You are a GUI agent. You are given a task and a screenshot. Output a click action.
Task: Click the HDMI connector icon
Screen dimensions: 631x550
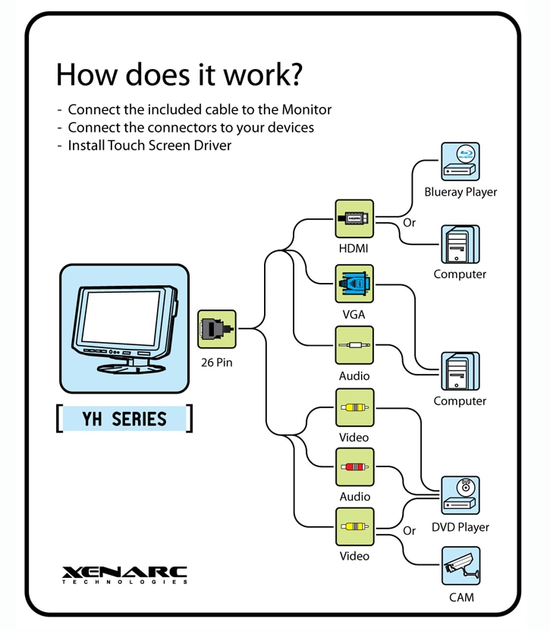(x=354, y=218)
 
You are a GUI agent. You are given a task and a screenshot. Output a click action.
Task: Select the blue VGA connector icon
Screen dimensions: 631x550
(x=354, y=284)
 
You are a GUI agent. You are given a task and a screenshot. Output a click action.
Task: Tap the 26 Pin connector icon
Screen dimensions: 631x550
(x=217, y=329)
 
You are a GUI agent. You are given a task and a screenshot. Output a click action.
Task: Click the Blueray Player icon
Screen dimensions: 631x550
(x=460, y=162)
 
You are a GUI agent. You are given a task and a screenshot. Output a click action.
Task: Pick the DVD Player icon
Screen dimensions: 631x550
(x=460, y=495)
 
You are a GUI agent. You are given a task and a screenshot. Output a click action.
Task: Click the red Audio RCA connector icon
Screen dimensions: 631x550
(x=354, y=467)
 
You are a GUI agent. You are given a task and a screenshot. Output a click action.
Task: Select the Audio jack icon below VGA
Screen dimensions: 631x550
(x=354, y=346)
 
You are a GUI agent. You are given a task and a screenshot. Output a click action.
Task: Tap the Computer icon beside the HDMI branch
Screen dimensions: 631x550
(x=460, y=244)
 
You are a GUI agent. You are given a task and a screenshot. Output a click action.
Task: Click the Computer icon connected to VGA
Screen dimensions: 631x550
(x=460, y=371)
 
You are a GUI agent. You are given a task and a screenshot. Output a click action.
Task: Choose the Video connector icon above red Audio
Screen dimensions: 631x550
(x=354, y=407)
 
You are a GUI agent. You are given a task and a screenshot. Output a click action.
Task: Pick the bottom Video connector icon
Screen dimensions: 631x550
(x=354, y=527)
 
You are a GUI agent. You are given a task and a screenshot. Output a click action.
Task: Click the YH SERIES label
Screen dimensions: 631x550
(x=124, y=419)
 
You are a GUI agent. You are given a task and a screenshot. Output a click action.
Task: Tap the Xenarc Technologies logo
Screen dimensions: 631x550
(x=124, y=574)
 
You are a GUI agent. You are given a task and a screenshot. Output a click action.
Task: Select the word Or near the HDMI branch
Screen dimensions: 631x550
(x=410, y=223)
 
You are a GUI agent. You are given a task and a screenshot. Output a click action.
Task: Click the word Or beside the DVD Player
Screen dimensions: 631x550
(x=410, y=531)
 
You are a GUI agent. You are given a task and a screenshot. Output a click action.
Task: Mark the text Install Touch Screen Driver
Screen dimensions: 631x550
(x=149, y=145)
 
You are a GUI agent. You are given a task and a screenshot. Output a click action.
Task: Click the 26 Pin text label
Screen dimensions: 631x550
(x=217, y=363)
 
